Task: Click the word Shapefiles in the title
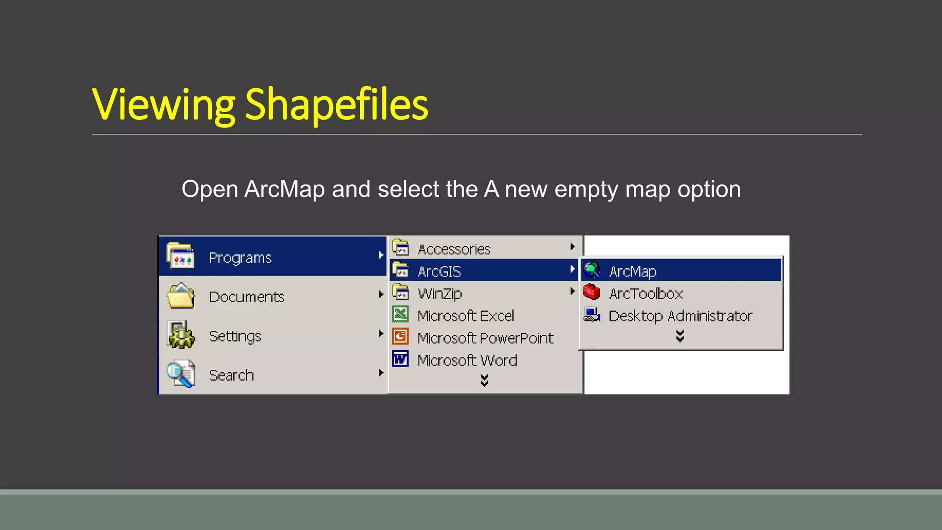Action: pyautogui.click(x=336, y=105)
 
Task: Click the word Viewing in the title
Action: pyautogui.click(x=163, y=105)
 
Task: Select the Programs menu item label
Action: pyautogui.click(x=240, y=258)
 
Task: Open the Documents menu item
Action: pyautogui.click(x=247, y=297)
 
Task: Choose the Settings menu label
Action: pyautogui.click(x=235, y=336)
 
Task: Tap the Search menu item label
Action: pyautogui.click(x=231, y=375)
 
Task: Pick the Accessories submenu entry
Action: pyautogui.click(x=454, y=249)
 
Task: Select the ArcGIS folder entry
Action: pyautogui.click(x=439, y=271)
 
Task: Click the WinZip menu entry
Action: pyautogui.click(x=440, y=294)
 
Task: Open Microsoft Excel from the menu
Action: pyautogui.click(x=465, y=316)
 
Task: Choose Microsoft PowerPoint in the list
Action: pyautogui.click(x=485, y=338)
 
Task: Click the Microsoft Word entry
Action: pyautogui.click(x=467, y=360)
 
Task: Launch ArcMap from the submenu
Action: pyautogui.click(x=632, y=271)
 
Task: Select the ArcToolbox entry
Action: pyautogui.click(x=646, y=293)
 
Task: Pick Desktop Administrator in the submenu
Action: pyautogui.click(x=680, y=316)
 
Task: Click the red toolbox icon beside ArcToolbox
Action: pyautogui.click(x=592, y=292)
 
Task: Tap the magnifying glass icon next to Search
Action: pyautogui.click(x=180, y=374)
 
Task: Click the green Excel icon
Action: pyautogui.click(x=401, y=315)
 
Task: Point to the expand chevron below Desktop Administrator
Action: pyautogui.click(x=680, y=336)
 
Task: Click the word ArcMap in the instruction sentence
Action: pyautogui.click(x=284, y=189)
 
